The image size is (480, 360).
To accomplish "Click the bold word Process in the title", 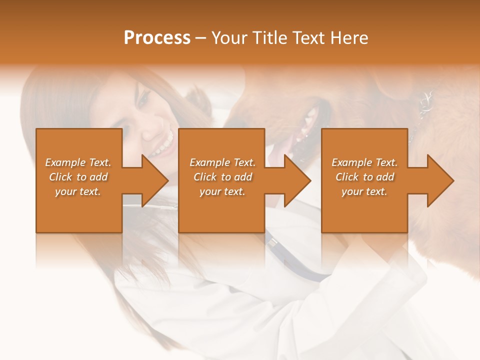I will [157, 38].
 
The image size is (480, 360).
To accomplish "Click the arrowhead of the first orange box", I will [155, 181].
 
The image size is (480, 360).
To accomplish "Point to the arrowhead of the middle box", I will [298, 181].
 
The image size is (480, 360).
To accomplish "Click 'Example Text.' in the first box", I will [78, 162].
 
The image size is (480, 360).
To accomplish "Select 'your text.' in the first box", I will [78, 191].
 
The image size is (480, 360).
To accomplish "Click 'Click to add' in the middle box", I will [222, 177].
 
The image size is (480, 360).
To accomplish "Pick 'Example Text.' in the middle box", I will [222, 162].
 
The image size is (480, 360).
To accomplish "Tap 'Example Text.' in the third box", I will [364, 162].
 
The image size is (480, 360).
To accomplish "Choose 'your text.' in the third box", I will [364, 191].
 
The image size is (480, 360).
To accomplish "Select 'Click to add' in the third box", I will [364, 177].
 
